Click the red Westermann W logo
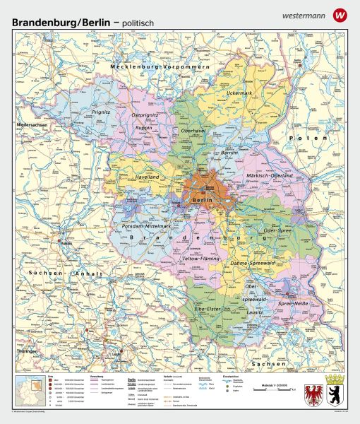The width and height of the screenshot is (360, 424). coord(341,13)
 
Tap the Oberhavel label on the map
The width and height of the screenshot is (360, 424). coord(193,131)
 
